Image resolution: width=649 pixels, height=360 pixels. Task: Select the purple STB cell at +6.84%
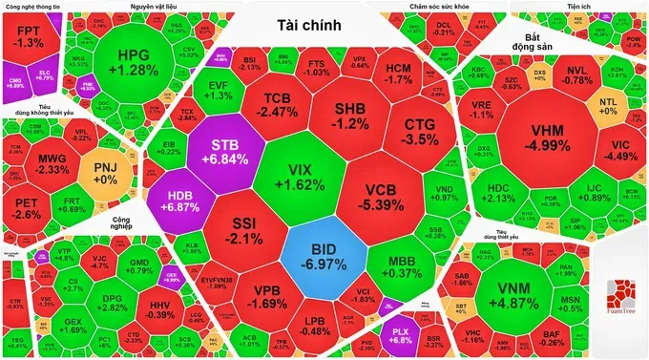tap(220, 150)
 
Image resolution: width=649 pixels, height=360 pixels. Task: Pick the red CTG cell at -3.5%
tap(420, 132)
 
